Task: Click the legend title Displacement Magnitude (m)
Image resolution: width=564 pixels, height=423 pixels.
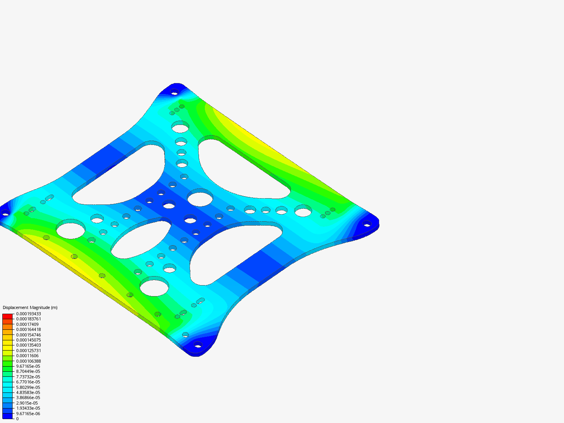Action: tap(30, 307)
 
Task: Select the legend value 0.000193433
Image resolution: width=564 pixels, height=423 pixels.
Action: tap(28, 314)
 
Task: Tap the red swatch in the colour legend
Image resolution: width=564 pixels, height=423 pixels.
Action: tap(7, 316)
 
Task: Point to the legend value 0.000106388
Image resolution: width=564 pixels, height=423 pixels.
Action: tap(28, 361)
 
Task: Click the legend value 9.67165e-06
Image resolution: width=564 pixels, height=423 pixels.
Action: tap(28, 414)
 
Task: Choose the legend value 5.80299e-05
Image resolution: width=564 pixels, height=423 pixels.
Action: tap(28, 387)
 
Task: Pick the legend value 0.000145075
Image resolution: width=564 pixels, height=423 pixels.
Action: tap(28, 340)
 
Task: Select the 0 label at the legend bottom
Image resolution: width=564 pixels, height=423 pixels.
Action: tap(17, 419)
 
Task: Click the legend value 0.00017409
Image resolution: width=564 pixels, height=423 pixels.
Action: tap(27, 324)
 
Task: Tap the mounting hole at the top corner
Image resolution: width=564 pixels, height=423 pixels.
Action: tap(174, 92)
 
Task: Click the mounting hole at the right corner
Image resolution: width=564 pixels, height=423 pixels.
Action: tap(367, 224)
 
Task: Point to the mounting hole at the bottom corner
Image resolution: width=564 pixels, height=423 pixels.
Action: tap(198, 345)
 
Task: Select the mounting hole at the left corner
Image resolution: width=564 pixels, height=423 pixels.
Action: tap(5, 213)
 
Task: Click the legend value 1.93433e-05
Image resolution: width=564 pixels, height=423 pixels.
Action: tap(28, 408)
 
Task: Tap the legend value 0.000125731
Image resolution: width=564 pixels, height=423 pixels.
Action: tap(28, 351)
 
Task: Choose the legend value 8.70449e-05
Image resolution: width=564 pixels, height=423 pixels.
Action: tap(28, 371)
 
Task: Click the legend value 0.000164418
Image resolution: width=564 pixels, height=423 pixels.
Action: tap(28, 329)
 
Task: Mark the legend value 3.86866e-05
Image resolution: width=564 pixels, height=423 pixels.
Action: tap(28, 398)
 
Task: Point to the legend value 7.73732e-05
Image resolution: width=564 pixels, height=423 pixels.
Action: tap(28, 377)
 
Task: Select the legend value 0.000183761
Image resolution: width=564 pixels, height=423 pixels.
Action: tap(28, 319)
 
